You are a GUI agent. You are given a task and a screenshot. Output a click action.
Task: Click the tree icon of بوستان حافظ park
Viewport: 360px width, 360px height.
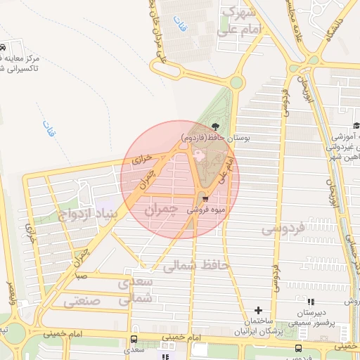tap(215, 127)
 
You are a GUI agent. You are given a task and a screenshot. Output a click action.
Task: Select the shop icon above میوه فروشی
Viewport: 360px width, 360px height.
tap(205, 199)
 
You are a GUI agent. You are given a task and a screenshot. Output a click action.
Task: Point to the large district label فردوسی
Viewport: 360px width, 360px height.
tap(282, 229)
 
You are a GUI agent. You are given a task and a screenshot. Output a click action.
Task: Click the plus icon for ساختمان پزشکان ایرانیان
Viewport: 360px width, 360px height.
tap(258, 310)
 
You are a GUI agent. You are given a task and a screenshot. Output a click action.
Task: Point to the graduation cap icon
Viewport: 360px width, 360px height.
tap(356, 127)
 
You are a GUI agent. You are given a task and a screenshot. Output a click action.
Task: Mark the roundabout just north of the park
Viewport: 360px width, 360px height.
tap(236, 83)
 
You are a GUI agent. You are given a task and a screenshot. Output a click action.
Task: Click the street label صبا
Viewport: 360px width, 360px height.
tap(82, 276)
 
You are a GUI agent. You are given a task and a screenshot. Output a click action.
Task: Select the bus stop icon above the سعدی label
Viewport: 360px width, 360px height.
tap(134, 337)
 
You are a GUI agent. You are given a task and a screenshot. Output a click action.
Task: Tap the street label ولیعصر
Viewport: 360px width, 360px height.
tap(11, 289)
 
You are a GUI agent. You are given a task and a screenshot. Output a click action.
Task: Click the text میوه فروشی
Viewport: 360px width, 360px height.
tap(205, 210)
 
